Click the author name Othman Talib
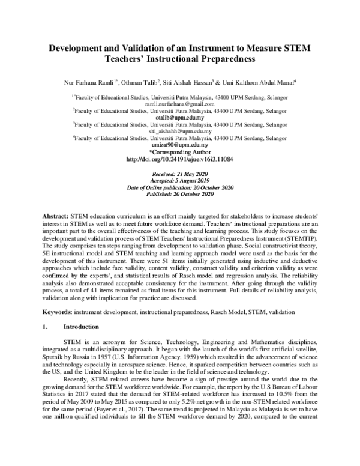[138, 81]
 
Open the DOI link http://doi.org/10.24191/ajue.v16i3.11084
[180, 160]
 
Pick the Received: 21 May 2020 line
[179, 174]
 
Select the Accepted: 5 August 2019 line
[179, 180]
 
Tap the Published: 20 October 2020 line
[179, 194]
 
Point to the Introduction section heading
[84, 327]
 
